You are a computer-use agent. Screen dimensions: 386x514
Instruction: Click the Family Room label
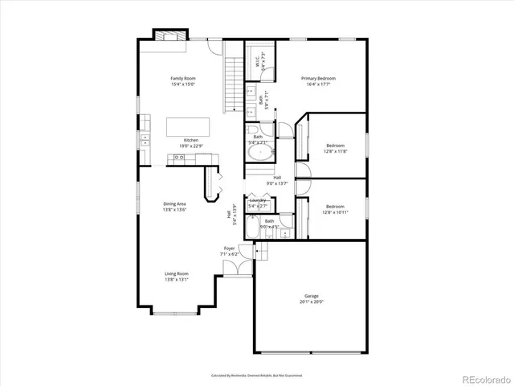click(182, 78)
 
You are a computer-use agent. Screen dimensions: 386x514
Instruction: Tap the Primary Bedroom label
click(318, 78)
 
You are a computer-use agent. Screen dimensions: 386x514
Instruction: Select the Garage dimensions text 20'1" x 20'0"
click(309, 302)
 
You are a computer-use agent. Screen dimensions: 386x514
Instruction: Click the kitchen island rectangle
click(188, 127)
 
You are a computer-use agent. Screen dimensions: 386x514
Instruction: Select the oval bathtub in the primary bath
click(259, 154)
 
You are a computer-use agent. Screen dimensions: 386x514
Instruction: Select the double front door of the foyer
click(237, 276)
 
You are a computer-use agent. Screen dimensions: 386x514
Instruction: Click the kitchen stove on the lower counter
click(177, 158)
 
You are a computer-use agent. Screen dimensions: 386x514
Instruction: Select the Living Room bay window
click(176, 310)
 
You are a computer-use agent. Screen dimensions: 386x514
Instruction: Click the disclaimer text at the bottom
click(256, 375)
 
